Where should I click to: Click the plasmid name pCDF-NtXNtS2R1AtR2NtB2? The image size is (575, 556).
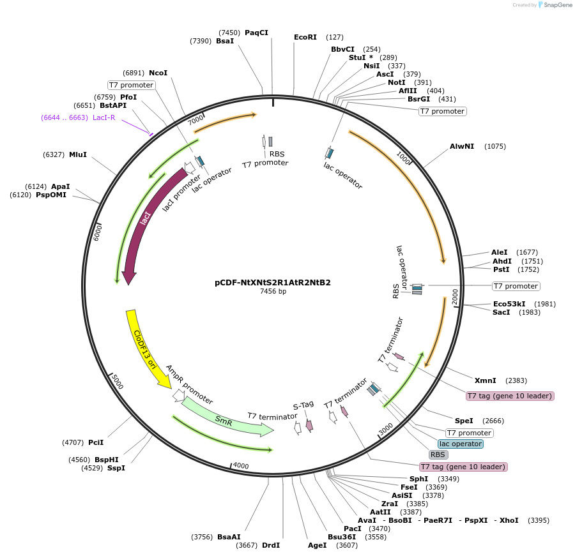pyautogui.click(x=273, y=282)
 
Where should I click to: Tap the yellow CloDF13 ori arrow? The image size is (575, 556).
pyautogui.click(x=144, y=348)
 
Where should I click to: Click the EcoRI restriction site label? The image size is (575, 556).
pyautogui.click(x=305, y=37)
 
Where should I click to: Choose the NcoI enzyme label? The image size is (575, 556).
pyautogui.click(x=158, y=73)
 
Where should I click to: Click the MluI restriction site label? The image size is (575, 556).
pyautogui.click(x=78, y=154)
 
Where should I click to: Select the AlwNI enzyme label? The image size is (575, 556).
pyautogui.click(x=462, y=146)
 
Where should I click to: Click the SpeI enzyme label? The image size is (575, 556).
pyautogui.click(x=464, y=421)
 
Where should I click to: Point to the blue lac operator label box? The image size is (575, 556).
pyautogui.click(x=461, y=444)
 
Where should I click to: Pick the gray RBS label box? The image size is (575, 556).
pyautogui.click(x=438, y=455)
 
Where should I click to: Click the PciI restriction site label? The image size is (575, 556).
pyautogui.click(x=96, y=442)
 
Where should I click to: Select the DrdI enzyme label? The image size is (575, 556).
pyautogui.click(x=271, y=545)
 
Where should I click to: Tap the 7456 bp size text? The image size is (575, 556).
pyautogui.click(x=273, y=292)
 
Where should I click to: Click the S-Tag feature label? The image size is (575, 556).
pyautogui.click(x=303, y=404)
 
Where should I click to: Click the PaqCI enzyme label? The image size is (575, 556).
pyautogui.click(x=256, y=33)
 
